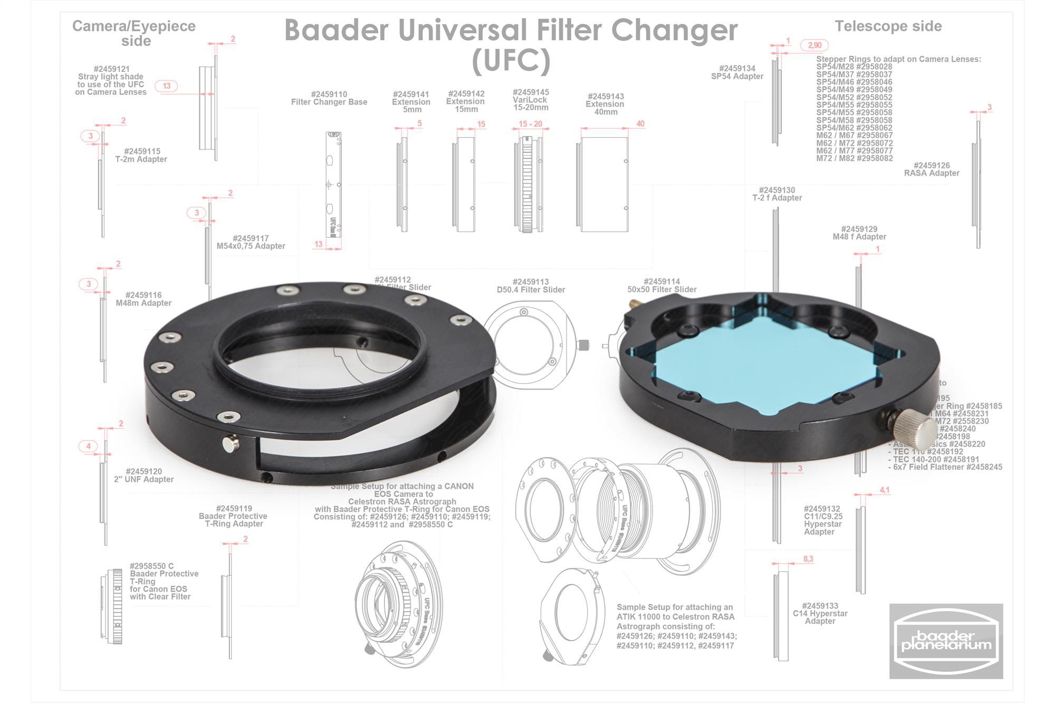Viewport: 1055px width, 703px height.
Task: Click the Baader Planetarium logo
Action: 946,641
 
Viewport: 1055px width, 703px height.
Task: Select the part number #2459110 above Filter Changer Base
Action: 329,94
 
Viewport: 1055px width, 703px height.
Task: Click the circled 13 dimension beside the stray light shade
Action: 167,86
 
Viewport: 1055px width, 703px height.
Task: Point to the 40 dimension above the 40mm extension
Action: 640,124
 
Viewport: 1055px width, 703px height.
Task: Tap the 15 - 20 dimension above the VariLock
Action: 530,124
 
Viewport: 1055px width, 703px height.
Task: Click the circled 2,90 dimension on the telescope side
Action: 814,45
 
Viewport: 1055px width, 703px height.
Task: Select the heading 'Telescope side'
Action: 888,26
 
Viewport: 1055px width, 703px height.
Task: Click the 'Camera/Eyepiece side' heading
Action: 134,33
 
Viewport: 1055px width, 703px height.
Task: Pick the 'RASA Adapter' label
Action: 932,173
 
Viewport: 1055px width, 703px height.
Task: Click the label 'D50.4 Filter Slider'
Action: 531,290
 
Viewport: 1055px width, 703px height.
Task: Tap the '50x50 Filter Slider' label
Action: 661,289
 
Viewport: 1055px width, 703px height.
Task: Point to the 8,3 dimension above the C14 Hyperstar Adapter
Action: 808,559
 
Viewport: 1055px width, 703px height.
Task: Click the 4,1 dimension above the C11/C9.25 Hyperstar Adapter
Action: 884,490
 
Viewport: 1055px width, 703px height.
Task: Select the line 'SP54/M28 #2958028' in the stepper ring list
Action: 854,67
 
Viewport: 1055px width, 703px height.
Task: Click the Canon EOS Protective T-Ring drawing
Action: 112,606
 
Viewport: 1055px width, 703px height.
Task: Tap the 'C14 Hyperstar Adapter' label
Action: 820,614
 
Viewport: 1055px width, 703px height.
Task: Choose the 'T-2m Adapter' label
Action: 141,159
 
